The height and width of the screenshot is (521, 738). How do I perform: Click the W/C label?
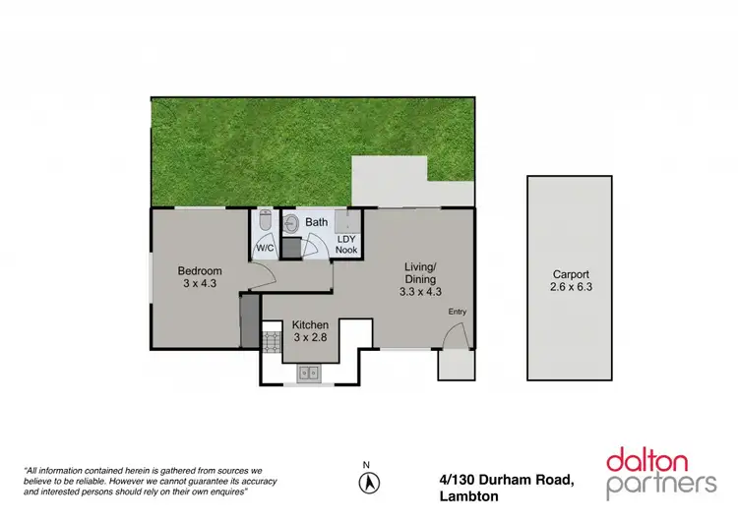point(265,248)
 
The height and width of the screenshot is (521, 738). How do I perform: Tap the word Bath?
point(316,223)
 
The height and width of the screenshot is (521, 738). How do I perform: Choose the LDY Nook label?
point(346,244)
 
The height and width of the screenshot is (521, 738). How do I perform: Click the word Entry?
point(458,312)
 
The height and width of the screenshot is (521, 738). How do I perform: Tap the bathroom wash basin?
point(289,224)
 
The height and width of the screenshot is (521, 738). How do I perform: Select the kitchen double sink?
point(308,373)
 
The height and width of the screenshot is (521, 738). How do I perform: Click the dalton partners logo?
point(661,472)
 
